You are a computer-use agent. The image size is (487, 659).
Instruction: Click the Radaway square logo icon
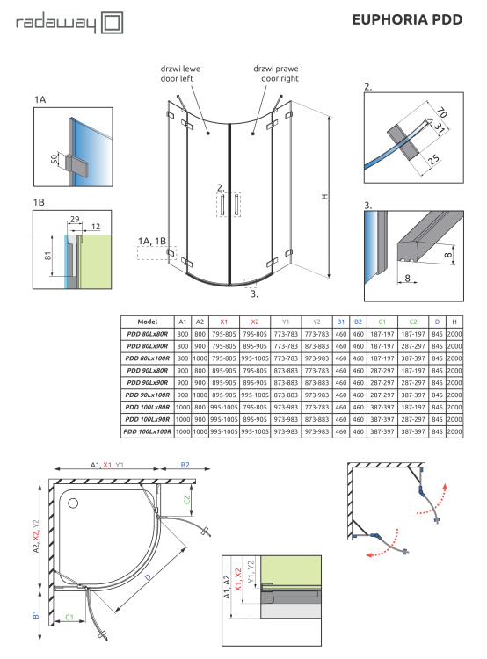113,23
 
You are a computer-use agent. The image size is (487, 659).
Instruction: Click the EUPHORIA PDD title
407,19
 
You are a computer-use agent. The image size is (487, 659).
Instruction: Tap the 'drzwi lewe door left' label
180,74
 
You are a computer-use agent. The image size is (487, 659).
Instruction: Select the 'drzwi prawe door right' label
276,74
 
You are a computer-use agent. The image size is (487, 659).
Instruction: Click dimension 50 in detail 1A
54,159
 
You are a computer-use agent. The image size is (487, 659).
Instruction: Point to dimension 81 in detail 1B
47,256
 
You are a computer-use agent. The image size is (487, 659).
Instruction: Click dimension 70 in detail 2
441,112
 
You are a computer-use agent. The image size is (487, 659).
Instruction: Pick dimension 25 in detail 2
433,159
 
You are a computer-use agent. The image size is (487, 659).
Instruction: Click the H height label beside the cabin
324,196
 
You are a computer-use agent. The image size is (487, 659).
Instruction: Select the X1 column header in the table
224,322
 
